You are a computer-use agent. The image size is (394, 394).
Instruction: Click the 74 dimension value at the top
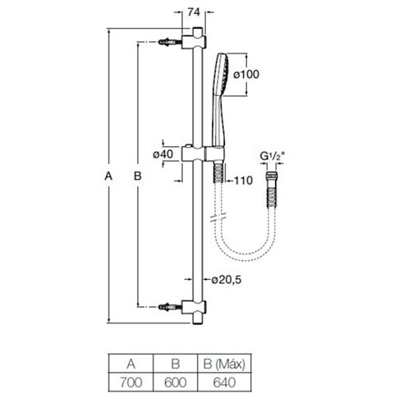click(194, 12)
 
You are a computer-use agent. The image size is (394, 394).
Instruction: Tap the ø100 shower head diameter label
click(246, 74)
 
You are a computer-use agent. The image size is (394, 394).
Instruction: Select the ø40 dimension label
click(163, 154)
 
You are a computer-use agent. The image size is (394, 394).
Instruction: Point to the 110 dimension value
click(243, 181)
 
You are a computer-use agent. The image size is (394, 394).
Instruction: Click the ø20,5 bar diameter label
click(227, 280)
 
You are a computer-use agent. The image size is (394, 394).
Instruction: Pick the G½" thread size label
click(273, 156)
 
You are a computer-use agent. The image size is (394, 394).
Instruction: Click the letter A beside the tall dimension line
click(108, 176)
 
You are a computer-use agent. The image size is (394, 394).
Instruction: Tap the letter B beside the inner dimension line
click(137, 176)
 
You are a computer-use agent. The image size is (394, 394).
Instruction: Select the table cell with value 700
click(131, 383)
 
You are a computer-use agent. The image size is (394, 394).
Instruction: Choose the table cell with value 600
click(176, 383)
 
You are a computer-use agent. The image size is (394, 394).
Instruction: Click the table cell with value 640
click(224, 383)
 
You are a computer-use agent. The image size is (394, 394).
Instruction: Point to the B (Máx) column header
click(224, 364)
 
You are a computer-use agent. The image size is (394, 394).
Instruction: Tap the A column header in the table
click(131, 364)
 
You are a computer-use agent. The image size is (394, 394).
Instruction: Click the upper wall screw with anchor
click(170, 42)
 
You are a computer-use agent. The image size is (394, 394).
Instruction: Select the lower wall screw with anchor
click(170, 307)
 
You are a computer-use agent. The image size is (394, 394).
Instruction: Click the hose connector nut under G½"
click(273, 176)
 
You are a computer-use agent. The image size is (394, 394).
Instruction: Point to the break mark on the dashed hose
click(218, 216)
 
